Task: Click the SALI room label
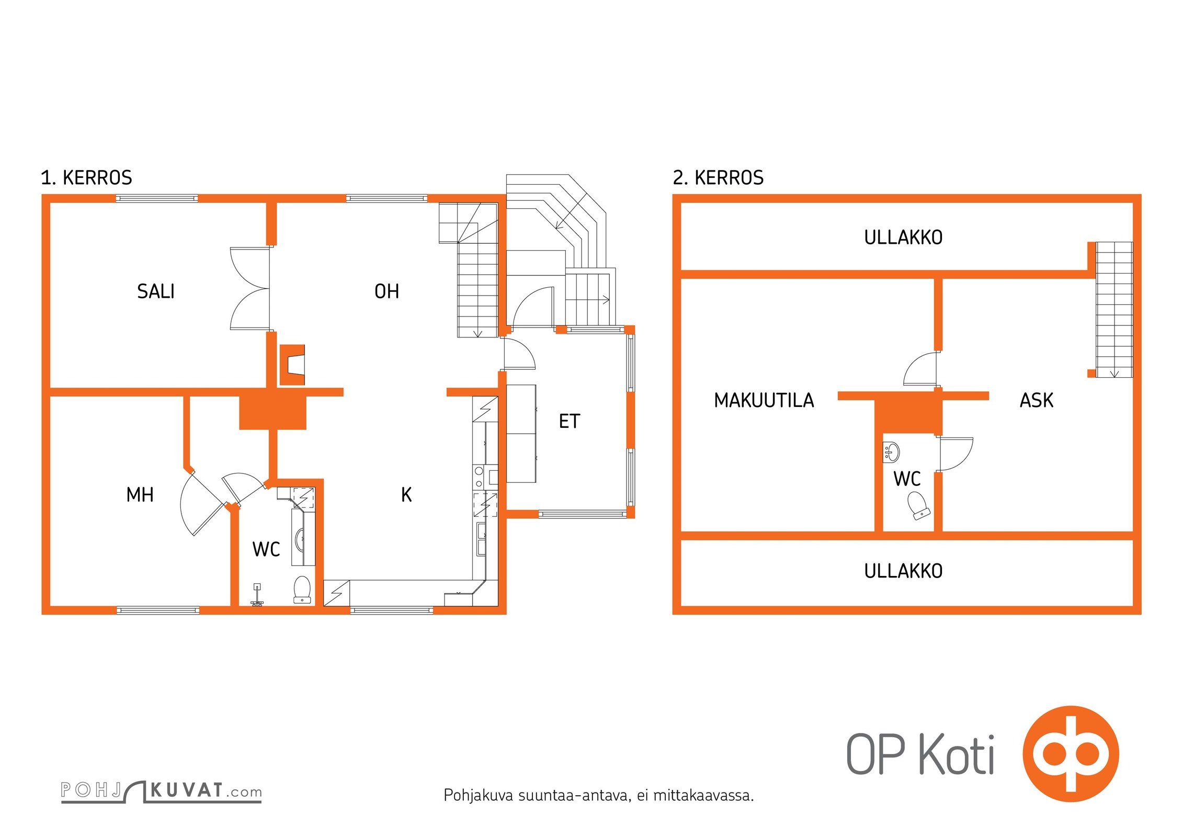[x=156, y=291]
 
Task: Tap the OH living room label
[x=387, y=291]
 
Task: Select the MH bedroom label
[x=140, y=495]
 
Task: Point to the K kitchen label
[x=406, y=495]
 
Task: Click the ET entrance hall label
[x=570, y=422]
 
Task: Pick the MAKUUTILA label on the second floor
[x=764, y=401]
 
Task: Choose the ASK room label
[x=1037, y=401]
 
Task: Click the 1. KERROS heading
[x=87, y=178]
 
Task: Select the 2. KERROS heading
[x=718, y=178]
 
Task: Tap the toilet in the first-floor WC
[x=302, y=590]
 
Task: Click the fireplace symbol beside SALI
[x=292, y=365]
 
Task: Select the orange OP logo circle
[x=1071, y=754]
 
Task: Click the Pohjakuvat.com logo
[x=161, y=791]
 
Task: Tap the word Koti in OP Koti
[x=957, y=754]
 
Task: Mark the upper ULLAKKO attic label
[x=903, y=238]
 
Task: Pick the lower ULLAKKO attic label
[x=903, y=571]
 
